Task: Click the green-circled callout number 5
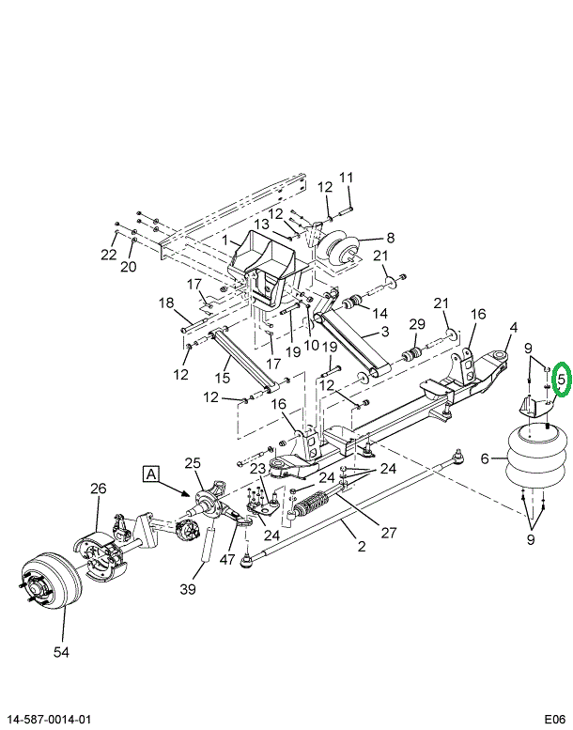click(x=561, y=380)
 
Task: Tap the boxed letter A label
click(x=151, y=474)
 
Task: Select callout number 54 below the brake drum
click(x=61, y=652)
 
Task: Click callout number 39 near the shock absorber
click(x=188, y=589)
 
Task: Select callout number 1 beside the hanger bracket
click(x=225, y=241)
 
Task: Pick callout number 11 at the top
click(x=346, y=178)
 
